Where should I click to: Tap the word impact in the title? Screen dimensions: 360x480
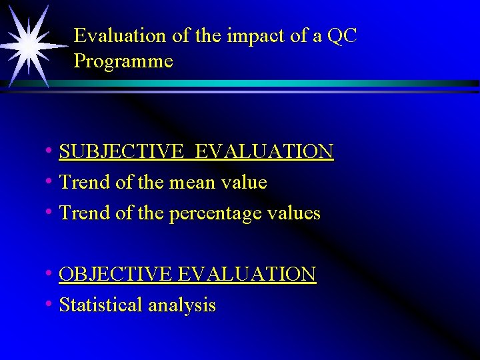pos(249,36)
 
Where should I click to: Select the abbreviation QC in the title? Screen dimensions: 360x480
pos(342,36)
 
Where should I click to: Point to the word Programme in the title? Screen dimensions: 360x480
pos(123,62)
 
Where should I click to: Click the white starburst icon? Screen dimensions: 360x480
pos(29,46)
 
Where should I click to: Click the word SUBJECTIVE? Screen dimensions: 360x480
pos(118,152)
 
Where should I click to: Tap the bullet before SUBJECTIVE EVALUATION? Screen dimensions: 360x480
pos(50,151)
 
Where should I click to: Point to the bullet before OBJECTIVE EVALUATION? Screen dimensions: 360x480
pos(50,273)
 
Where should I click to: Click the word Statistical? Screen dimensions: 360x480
pos(101,305)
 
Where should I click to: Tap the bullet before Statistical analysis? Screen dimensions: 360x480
pos(50,305)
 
